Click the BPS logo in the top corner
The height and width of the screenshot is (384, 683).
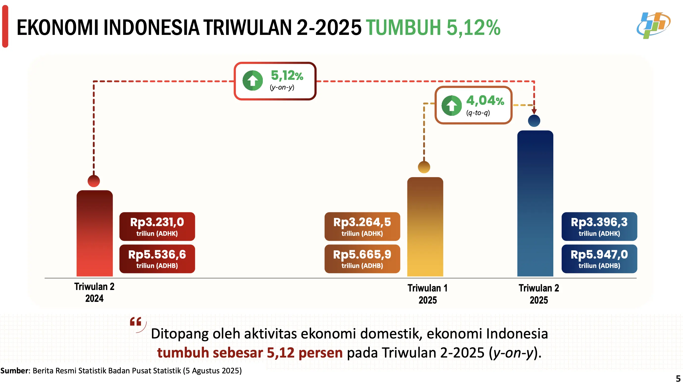point(653,25)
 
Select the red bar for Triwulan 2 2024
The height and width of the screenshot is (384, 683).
point(95,233)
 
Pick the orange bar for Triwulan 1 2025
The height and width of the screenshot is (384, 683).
point(425,227)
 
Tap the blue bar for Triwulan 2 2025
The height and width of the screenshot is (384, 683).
point(535,204)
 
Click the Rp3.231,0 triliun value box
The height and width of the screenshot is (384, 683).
point(157,226)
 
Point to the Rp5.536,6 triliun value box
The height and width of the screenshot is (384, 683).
point(157,259)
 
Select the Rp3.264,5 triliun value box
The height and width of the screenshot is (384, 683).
point(362,226)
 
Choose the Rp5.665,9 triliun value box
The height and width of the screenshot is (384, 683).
point(362,259)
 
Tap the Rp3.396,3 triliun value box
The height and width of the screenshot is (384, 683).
point(599,226)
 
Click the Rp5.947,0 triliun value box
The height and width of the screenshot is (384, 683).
point(599,259)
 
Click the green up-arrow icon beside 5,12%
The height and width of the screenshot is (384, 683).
point(253,80)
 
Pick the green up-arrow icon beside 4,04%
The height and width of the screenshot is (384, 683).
point(452,105)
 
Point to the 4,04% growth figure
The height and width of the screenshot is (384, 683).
point(485,101)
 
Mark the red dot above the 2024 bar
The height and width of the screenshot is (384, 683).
point(94,181)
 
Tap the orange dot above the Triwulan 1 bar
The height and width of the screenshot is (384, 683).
point(424,167)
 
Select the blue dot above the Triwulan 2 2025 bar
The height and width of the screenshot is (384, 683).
point(534,120)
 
